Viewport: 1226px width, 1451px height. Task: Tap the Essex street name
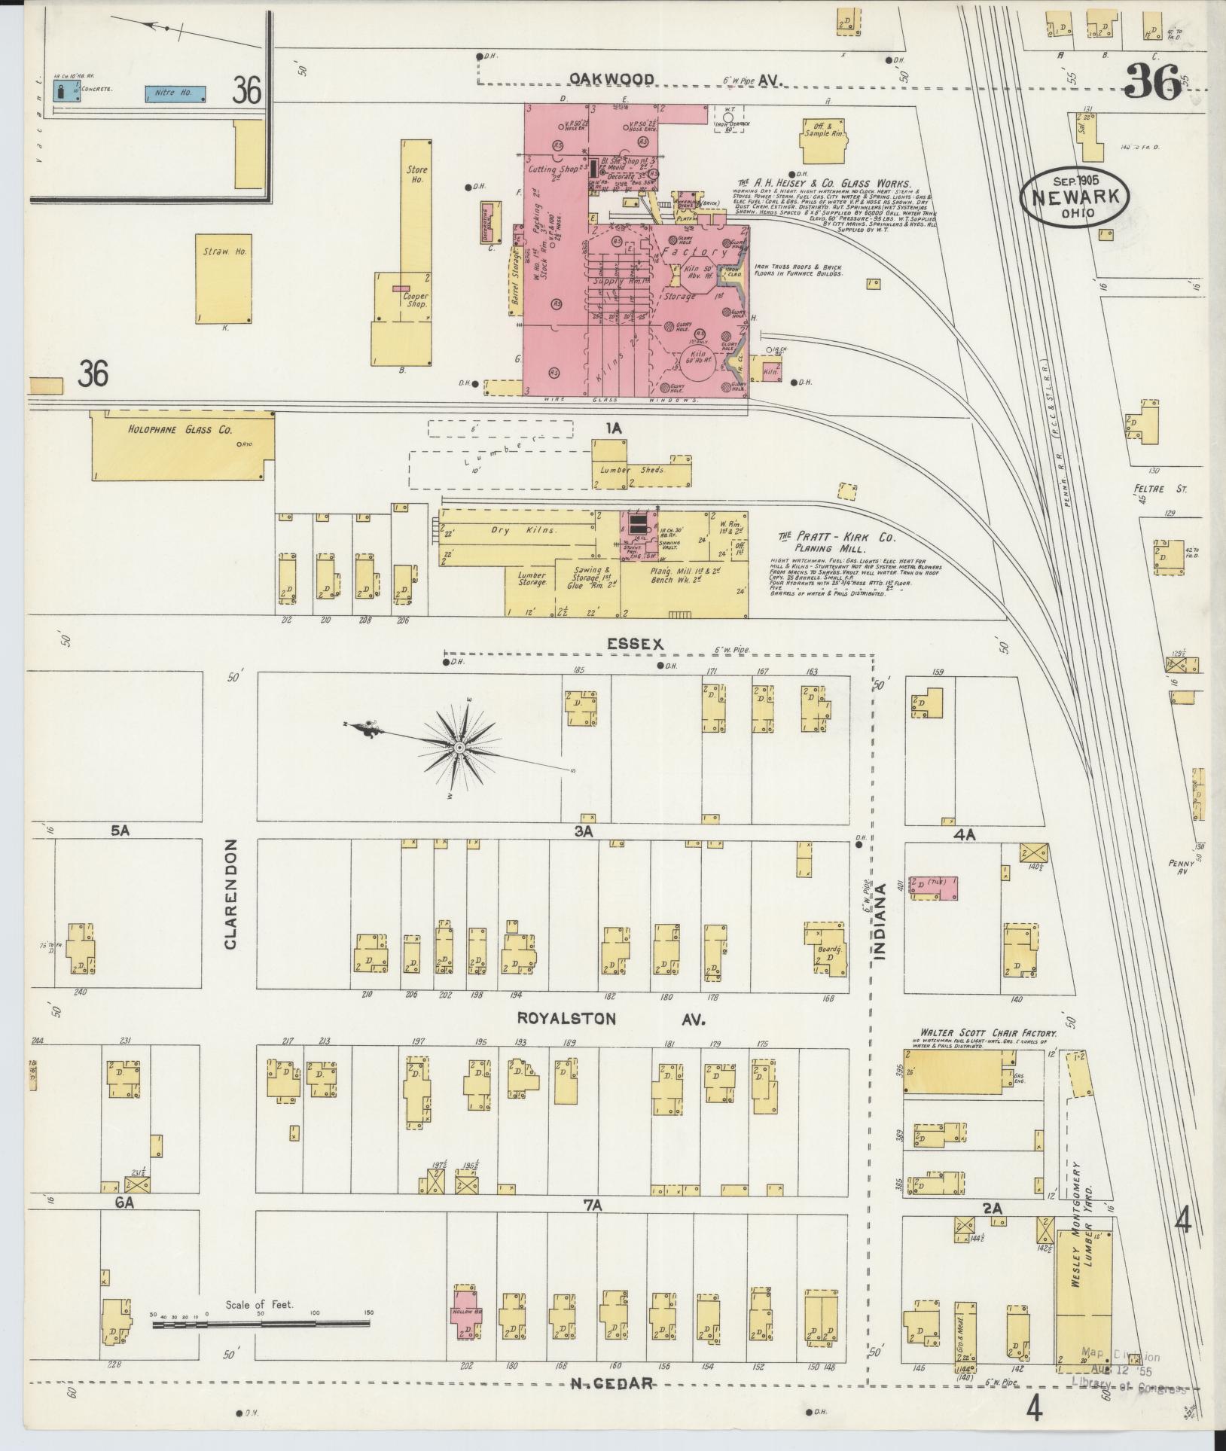[x=636, y=644]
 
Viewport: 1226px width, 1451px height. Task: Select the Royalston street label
[x=566, y=1019]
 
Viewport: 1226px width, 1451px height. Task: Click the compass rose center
[x=459, y=747]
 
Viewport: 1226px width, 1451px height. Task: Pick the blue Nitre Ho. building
[x=175, y=93]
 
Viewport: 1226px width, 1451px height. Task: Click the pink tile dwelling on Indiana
[x=934, y=886]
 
